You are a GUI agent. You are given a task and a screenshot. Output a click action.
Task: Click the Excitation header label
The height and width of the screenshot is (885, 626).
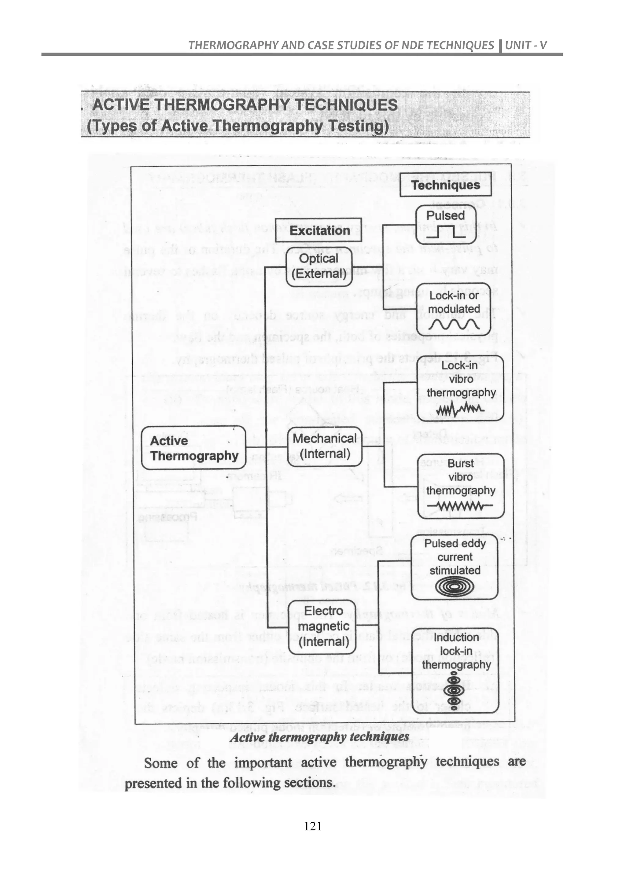coord(319,230)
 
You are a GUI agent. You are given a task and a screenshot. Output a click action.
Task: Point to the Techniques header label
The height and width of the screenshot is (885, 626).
coord(445,185)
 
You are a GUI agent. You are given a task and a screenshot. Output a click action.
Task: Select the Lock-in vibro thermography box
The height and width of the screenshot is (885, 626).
coord(461,390)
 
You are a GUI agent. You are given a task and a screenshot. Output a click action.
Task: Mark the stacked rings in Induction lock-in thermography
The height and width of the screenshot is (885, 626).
coord(454,692)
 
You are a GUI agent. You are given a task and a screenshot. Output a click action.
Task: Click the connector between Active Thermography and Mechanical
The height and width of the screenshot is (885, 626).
coord(267,447)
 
